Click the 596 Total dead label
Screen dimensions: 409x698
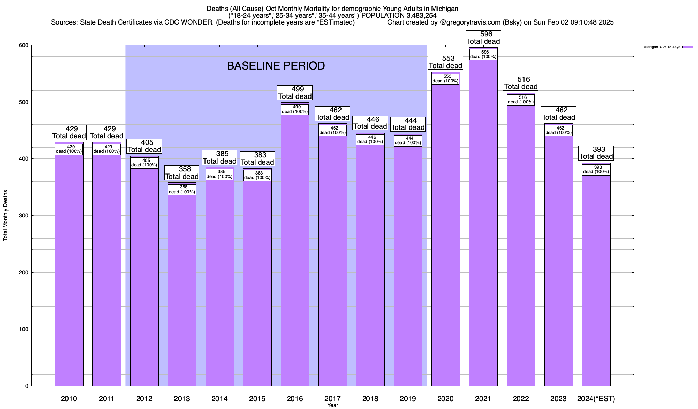483,38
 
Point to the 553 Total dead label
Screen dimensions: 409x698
445,62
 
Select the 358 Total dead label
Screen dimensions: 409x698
182,173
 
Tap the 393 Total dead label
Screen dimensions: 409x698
596,153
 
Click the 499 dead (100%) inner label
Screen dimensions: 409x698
295,109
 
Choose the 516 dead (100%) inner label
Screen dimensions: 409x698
521,100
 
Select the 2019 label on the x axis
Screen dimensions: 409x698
408,399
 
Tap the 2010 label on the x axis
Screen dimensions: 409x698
69,399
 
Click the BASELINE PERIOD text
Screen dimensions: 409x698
276,66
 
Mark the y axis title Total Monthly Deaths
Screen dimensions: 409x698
5,215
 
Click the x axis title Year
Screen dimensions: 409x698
332,405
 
